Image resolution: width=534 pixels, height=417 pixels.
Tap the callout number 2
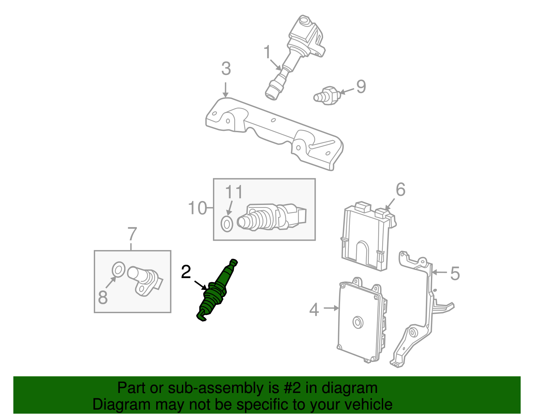(186, 272)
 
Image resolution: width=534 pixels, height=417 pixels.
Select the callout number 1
(267, 52)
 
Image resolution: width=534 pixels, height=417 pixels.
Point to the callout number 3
(226, 69)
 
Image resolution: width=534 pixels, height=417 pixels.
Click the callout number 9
(361, 86)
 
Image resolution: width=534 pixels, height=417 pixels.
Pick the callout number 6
(400, 190)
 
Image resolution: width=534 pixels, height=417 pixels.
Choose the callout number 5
(455, 273)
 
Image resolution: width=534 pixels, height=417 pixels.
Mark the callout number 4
(314, 310)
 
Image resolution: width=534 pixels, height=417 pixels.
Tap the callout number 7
(132, 234)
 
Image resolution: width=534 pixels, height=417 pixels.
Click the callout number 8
(103, 297)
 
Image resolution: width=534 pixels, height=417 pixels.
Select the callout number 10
(198, 208)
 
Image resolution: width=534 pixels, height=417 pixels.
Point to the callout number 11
(234, 192)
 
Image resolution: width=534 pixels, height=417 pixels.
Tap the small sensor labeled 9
(327, 95)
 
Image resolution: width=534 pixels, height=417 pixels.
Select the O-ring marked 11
(227, 224)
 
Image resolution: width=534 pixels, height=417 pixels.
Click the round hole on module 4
(358, 323)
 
